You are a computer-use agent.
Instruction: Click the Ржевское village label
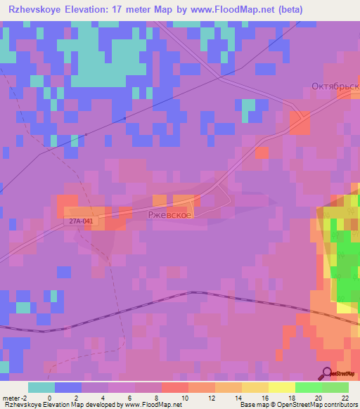pos(169,214)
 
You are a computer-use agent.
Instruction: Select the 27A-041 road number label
pos(82,221)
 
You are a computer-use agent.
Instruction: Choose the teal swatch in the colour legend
pos(41,387)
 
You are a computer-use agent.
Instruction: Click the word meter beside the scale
pos(13,397)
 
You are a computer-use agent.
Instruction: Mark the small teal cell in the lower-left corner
pos(23,307)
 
